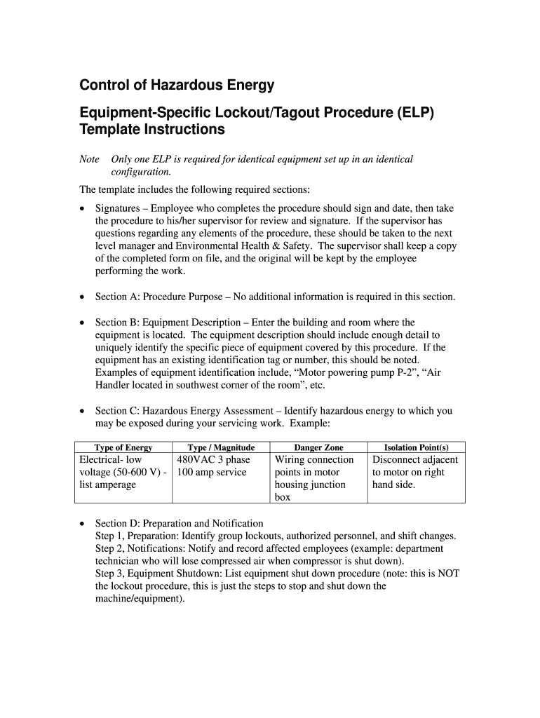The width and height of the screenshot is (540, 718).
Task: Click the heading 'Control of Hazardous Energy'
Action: (x=177, y=86)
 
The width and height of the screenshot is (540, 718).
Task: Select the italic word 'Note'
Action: (x=89, y=159)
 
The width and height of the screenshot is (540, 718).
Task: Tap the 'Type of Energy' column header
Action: (x=123, y=447)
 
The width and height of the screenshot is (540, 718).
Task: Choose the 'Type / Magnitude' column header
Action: (x=221, y=447)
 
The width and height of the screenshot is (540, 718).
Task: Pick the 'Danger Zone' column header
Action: (x=318, y=447)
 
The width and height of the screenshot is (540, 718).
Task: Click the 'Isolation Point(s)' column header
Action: (x=416, y=447)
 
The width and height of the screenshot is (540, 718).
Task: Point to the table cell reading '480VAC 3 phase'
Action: (x=213, y=460)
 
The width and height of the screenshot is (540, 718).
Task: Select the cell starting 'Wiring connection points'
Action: (x=314, y=478)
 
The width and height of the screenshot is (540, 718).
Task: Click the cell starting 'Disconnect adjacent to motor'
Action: (x=414, y=472)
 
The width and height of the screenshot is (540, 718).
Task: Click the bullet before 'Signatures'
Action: (x=83, y=209)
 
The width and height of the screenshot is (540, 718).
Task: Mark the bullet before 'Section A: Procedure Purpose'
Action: (x=83, y=297)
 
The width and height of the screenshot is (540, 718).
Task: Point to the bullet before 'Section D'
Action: (x=83, y=524)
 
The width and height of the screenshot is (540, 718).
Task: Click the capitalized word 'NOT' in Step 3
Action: (x=447, y=574)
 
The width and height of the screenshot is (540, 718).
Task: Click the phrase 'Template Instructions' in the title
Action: (x=152, y=130)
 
